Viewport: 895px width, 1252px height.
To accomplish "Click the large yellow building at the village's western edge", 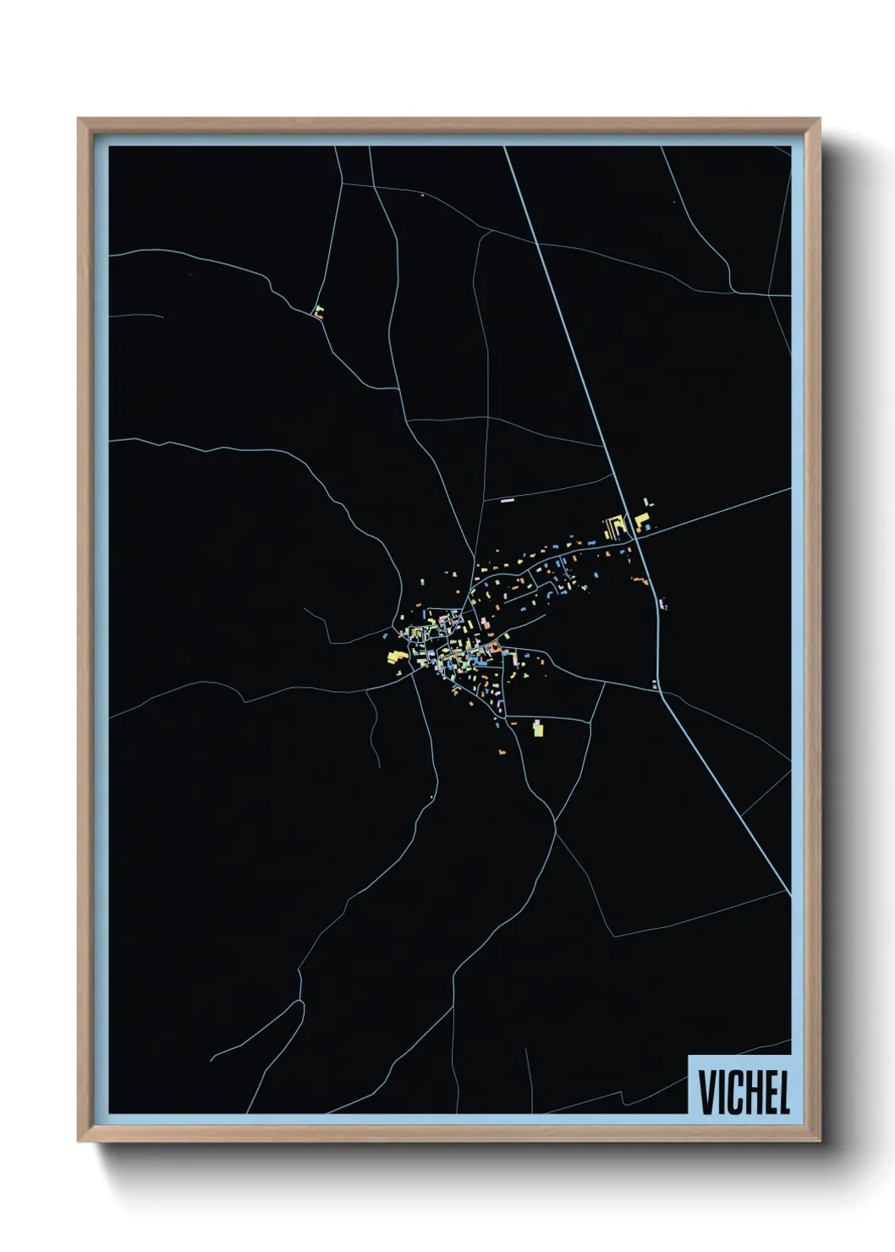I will [395, 656].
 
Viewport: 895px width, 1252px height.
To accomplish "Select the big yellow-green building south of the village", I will [537, 727].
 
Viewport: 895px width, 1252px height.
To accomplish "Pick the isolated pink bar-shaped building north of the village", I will [508, 501].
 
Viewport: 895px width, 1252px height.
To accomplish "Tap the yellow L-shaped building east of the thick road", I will [642, 518].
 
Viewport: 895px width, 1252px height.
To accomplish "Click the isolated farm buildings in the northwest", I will [318, 311].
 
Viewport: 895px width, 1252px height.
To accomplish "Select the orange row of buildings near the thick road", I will [640, 579].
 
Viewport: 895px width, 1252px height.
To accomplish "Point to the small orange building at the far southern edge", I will [502, 751].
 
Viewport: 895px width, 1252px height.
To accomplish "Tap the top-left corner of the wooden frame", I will [80, 121].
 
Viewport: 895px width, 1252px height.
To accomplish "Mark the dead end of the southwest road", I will [211, 1059].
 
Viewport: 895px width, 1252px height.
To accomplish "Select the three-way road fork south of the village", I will [555, 820].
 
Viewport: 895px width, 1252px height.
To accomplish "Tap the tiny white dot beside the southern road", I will [431, 797].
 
